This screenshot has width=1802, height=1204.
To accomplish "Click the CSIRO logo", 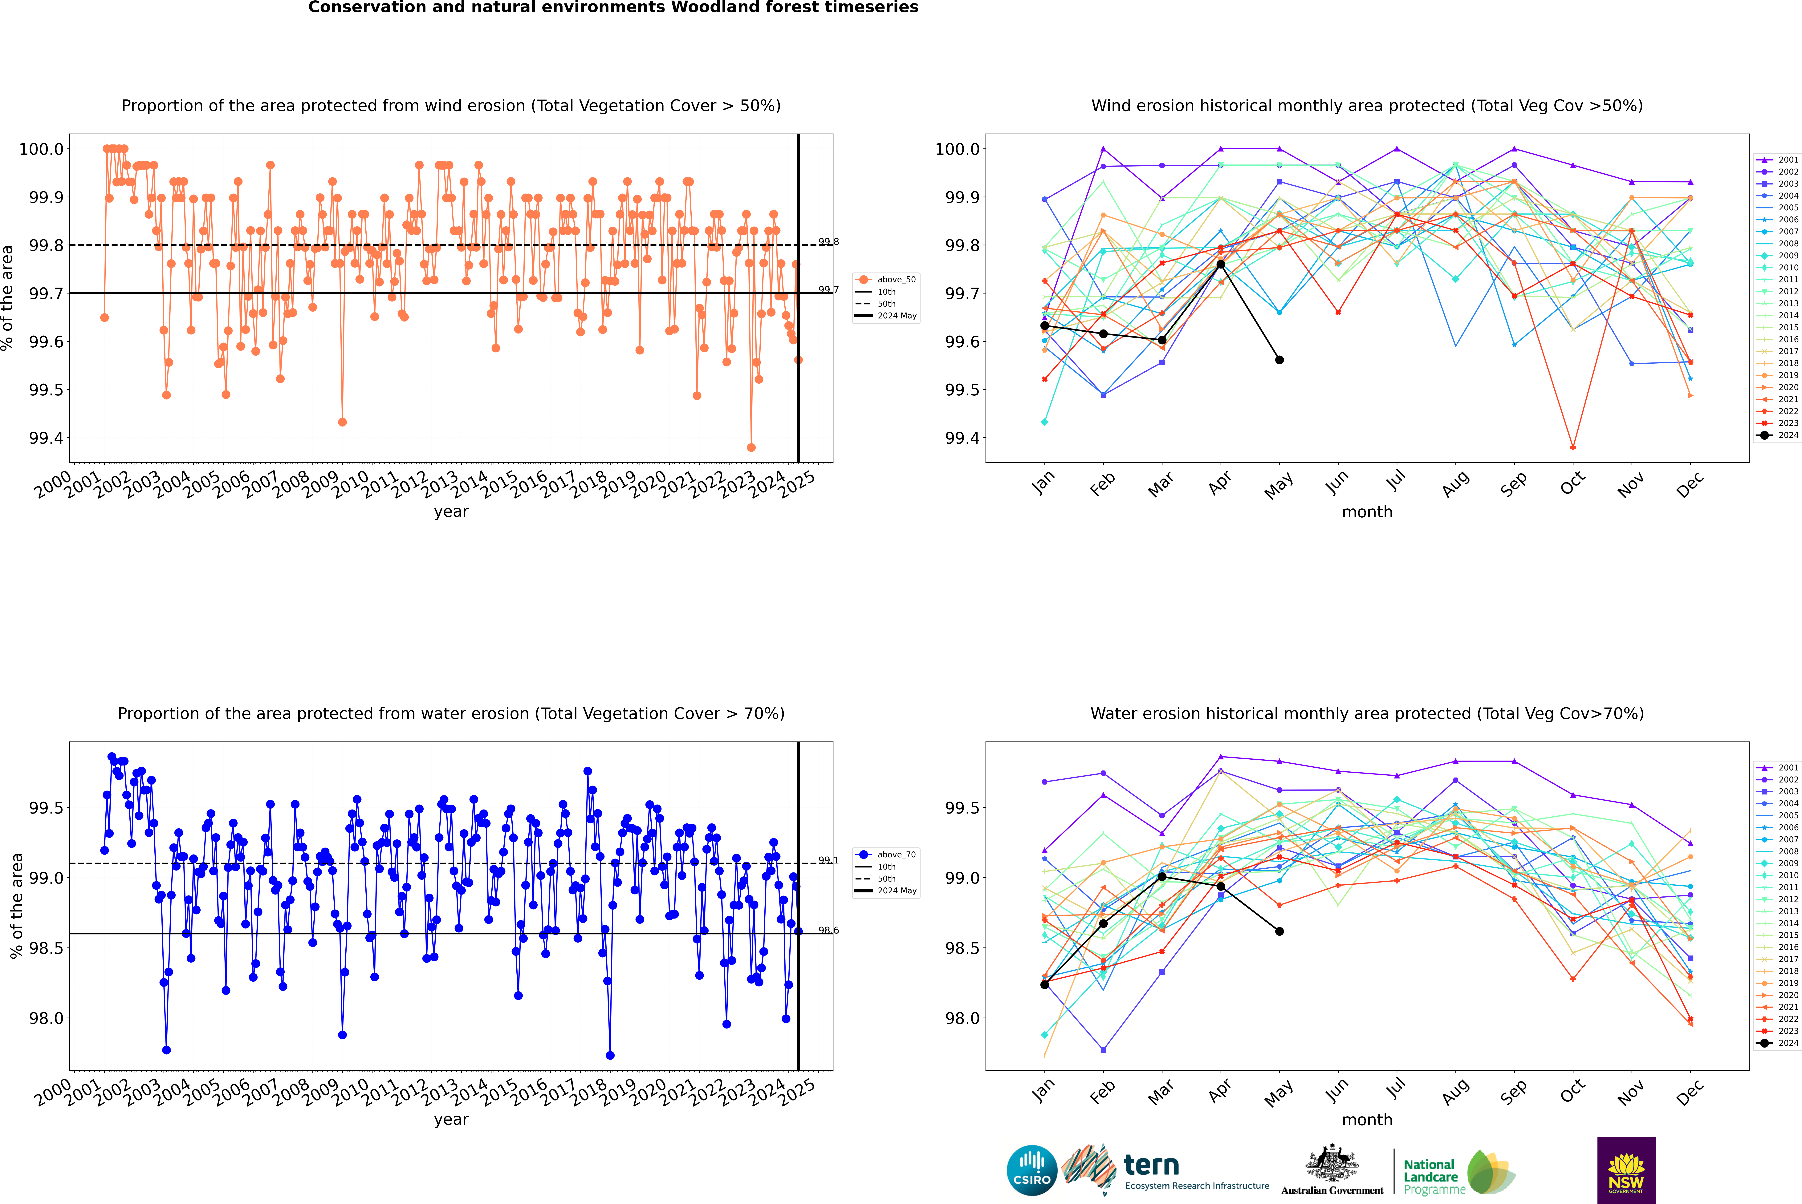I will pos(1032,1170).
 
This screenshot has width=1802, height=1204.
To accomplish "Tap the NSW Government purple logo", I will pos(1626,1170).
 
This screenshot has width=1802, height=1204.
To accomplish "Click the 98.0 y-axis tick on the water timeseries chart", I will pos(46,1018).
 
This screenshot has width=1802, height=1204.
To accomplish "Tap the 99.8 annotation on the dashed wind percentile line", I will pos(828,242).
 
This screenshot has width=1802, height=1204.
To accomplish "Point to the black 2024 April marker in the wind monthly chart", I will pos(1221,264).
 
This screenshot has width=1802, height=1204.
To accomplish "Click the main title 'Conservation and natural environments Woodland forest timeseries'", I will pos(613,8).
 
